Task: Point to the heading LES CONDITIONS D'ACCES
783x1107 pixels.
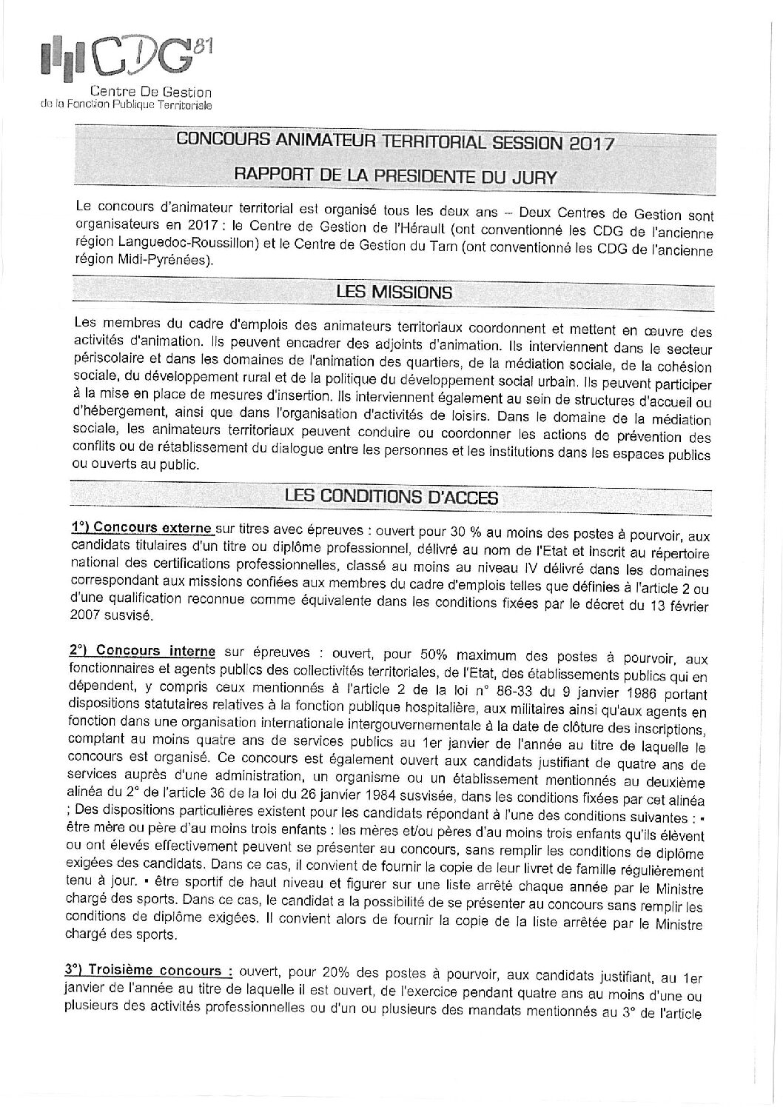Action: (391, 498)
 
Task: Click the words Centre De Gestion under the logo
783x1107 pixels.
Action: (150, 93)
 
